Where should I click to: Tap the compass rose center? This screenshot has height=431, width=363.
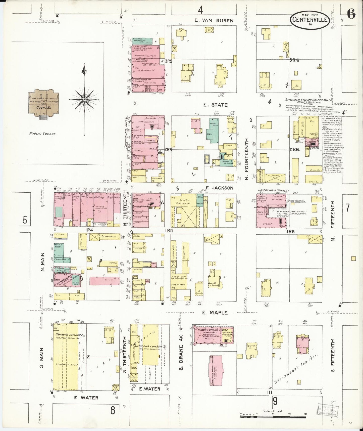coord(84,100)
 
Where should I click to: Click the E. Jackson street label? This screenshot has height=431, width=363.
coord(219,188)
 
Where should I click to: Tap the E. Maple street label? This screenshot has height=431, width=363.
coord(215,313)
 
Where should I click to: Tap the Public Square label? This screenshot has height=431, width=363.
coord(42,134)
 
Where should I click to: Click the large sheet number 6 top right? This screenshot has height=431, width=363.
coord(351,15)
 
